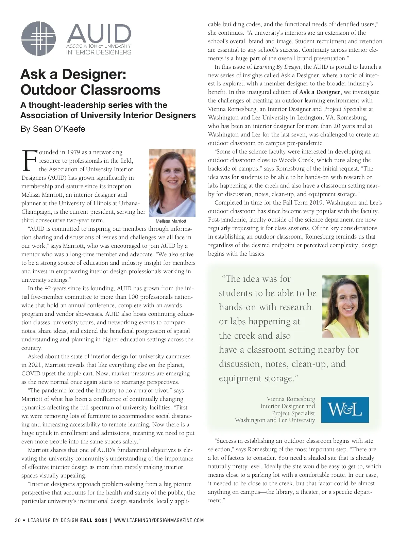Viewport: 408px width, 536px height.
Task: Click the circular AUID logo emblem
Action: [x=38, y=38]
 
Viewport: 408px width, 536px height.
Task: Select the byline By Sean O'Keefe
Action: [x=53, y=129]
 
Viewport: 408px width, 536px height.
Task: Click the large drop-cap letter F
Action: [x=29, y=161]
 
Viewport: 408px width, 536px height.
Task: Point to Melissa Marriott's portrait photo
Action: [x=172, y=183]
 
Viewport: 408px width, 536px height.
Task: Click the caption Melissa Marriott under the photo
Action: [x=171, y=221]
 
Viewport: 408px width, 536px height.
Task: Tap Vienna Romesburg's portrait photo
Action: [x=345, y=306]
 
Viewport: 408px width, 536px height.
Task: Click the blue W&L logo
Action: [x=345, y=409]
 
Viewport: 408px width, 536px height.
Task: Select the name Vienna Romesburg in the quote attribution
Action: [x=291, y=399]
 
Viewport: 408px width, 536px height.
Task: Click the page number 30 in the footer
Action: [x=18, y=520]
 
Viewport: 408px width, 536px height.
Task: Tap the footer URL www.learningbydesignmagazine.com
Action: [x=159, y=520]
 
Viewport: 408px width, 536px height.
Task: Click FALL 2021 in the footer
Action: [x=93, y=520]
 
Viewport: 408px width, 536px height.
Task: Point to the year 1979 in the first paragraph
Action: [x=73, y=152]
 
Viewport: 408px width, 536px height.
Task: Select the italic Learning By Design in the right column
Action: [x=277, y=67]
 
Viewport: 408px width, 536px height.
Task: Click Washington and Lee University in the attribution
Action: [x=275, y=420]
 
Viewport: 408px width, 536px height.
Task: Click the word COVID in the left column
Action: [x=31, y=373]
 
